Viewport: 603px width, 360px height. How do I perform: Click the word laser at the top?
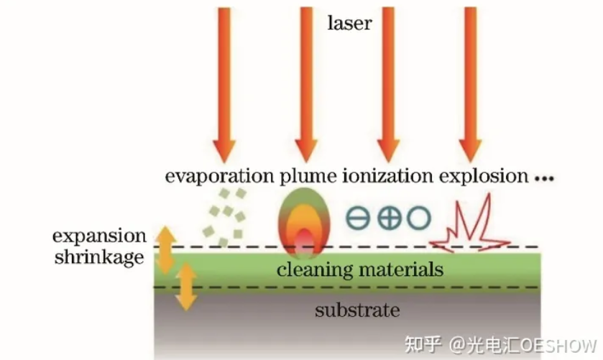[349, 23]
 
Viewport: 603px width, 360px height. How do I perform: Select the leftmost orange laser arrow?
[224, 79]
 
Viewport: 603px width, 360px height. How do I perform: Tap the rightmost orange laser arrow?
[469, 79]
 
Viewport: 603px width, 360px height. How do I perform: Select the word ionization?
[387, 176]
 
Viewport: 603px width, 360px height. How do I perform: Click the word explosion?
[483, 176]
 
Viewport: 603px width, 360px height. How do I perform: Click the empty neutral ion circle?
[419, 218]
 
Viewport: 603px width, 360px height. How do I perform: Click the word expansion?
[99, 236]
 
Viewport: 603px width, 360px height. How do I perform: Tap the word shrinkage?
[99, 257]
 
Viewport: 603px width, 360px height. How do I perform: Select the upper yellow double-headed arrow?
[166, 249]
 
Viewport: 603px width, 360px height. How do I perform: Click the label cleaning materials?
[359, 271]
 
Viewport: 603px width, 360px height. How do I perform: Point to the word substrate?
[356, 310]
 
